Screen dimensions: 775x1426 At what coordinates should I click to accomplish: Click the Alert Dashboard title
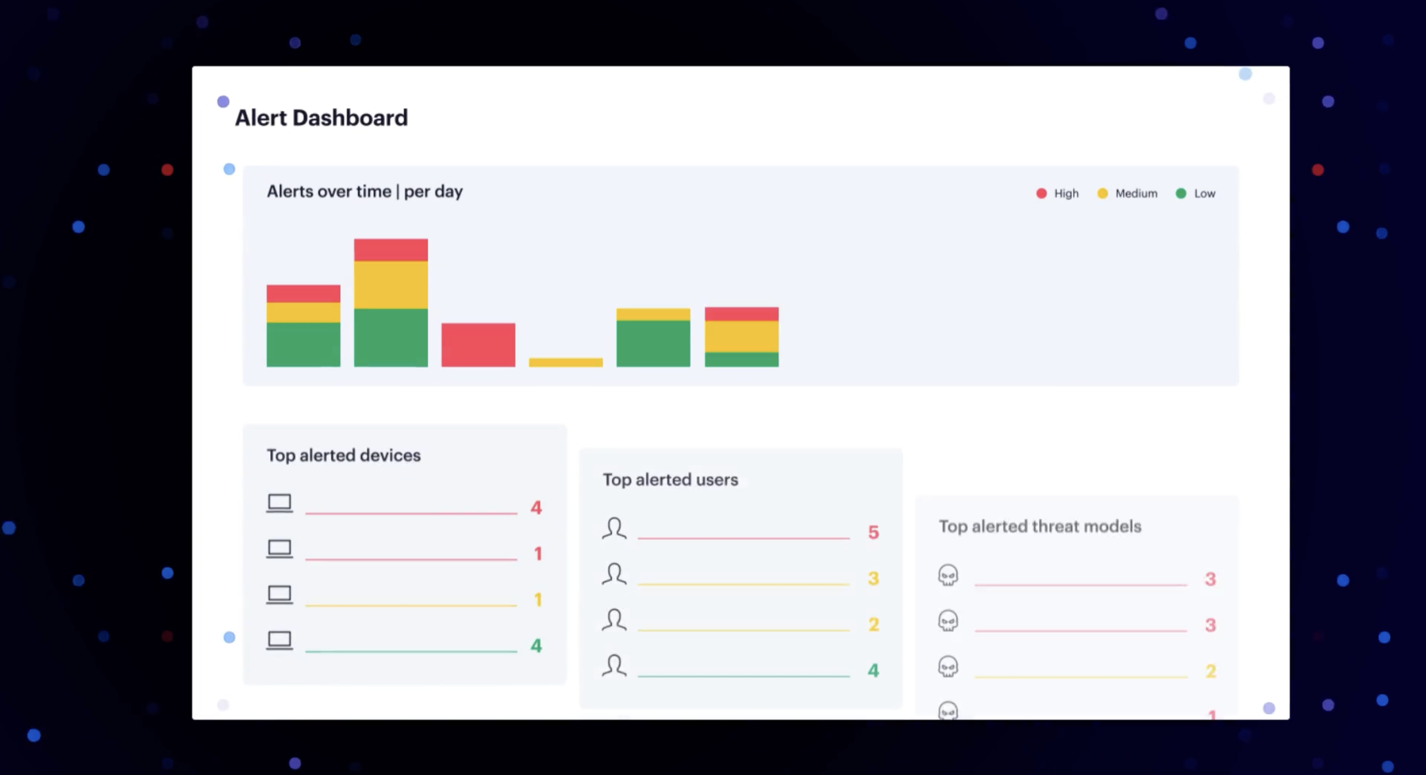point(321,118)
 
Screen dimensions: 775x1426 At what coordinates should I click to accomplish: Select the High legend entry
point(1057,193)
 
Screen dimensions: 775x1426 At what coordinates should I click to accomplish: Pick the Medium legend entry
point(1128,193)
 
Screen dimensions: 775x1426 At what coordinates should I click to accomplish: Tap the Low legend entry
point(1196,193)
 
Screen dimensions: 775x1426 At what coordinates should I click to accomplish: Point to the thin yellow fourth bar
point(566,362)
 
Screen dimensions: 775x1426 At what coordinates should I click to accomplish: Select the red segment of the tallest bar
point(391,250)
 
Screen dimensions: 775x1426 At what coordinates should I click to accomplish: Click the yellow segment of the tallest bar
point(391,285)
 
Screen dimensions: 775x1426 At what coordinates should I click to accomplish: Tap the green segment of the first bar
point(303,344)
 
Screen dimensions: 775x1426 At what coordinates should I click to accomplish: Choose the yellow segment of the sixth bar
point(741,336)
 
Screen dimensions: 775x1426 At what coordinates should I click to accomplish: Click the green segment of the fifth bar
point(653,343)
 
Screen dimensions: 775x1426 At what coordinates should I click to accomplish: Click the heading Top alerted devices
point(343,455)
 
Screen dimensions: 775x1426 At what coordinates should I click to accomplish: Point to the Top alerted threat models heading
point(1040,526)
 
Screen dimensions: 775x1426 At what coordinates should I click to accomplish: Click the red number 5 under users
point(873,532)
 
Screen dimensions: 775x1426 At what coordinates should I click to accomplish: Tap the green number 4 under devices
point(536,645)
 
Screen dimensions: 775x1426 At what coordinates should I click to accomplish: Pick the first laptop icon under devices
point(280,503)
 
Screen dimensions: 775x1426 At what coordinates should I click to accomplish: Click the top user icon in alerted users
point(614,528)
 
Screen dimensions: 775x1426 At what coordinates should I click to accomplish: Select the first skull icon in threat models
point(948,575)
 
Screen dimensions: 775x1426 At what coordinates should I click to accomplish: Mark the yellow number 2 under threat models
point(1210,671)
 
